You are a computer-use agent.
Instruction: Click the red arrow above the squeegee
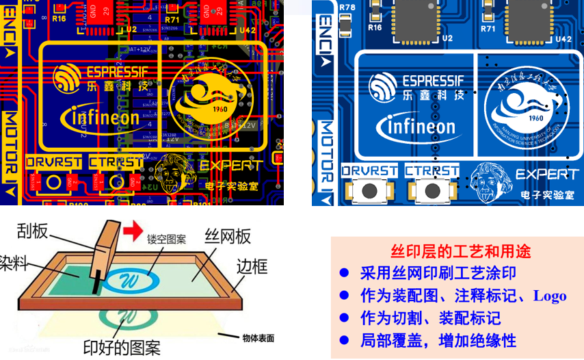pos(133,227)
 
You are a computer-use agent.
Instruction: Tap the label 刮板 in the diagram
pos(32,231)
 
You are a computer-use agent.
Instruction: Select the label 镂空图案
pos(166,240)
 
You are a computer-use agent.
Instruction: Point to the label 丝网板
pos(228,236)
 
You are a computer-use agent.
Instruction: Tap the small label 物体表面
pos(258,337)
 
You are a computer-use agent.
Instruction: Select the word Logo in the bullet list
pos(550,296)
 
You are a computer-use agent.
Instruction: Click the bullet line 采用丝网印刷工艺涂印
pos(438,273)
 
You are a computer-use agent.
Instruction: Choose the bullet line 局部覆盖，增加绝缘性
pos(438,340)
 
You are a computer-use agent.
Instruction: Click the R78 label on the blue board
pos(347,8)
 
